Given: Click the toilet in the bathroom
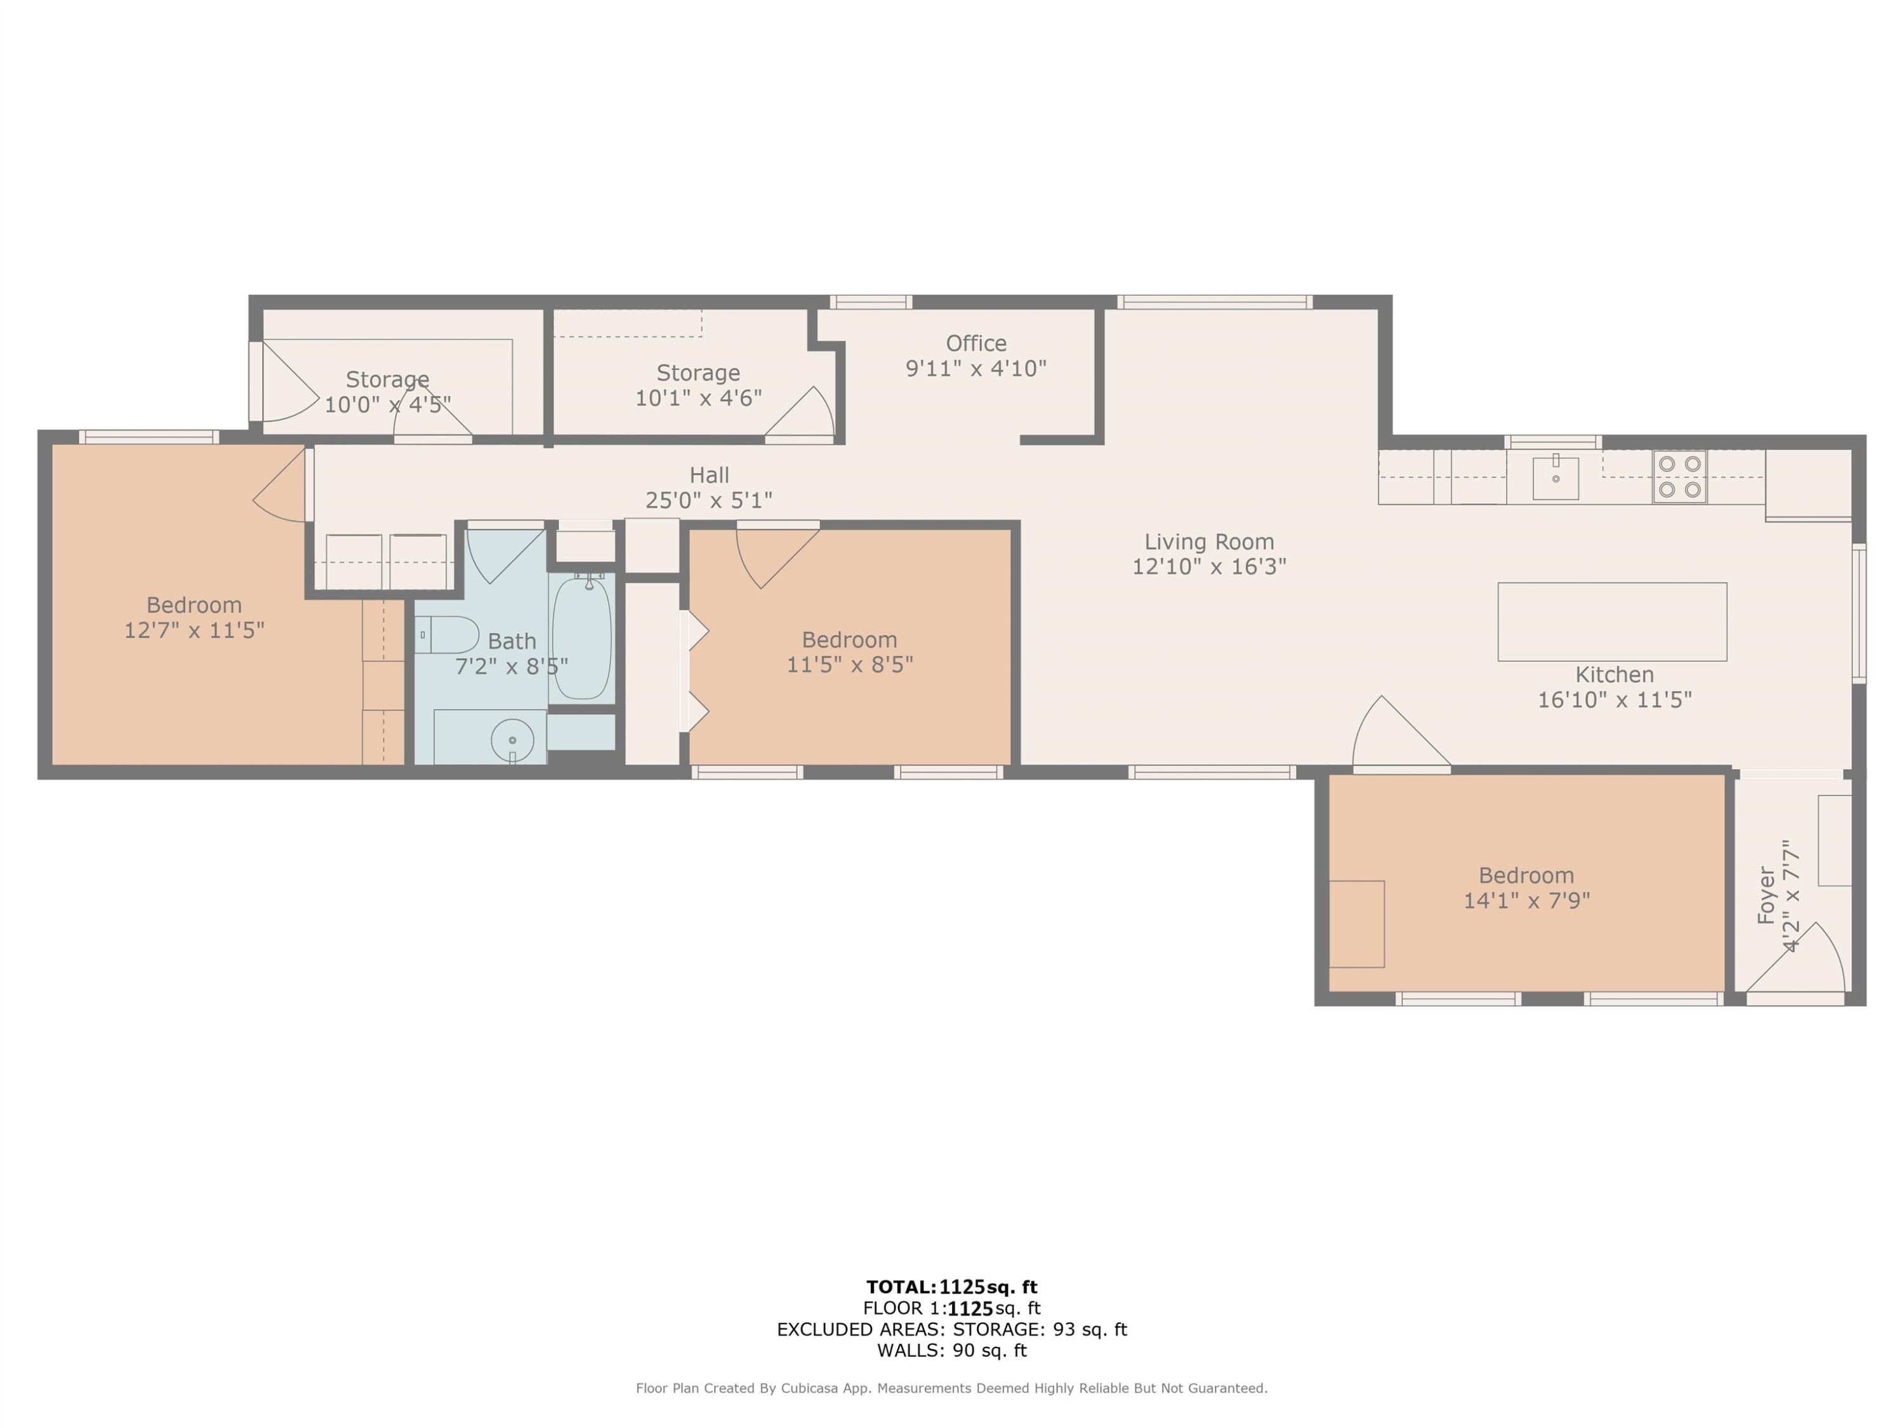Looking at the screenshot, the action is [447, 635].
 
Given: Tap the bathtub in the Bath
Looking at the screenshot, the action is [582, 638].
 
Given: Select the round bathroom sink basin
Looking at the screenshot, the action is [512, 739].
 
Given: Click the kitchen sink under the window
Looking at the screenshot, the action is [1556, 479].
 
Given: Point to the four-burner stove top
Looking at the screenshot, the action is [1679, 477].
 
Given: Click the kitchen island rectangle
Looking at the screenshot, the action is [1612, 621].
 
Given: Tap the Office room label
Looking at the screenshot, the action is [976, 343].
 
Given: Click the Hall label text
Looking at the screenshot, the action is [710, 475].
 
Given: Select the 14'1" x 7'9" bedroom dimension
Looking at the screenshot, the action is [1526, 901].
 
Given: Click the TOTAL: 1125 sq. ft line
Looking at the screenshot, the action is [952, 1287].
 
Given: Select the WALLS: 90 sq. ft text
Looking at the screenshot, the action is [952, 1351].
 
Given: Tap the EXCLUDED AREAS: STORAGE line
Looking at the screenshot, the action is [952, 1329].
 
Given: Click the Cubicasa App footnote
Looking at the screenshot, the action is [952, 1387].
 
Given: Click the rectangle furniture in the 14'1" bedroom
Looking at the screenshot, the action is [1356, 923].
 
